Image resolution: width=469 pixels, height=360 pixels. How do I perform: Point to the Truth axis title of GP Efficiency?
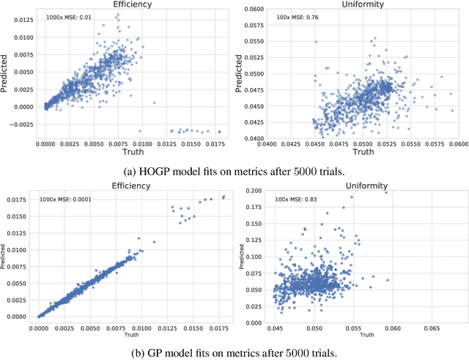click(131, 334)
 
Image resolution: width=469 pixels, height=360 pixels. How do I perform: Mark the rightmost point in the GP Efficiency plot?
click(224, 196)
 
